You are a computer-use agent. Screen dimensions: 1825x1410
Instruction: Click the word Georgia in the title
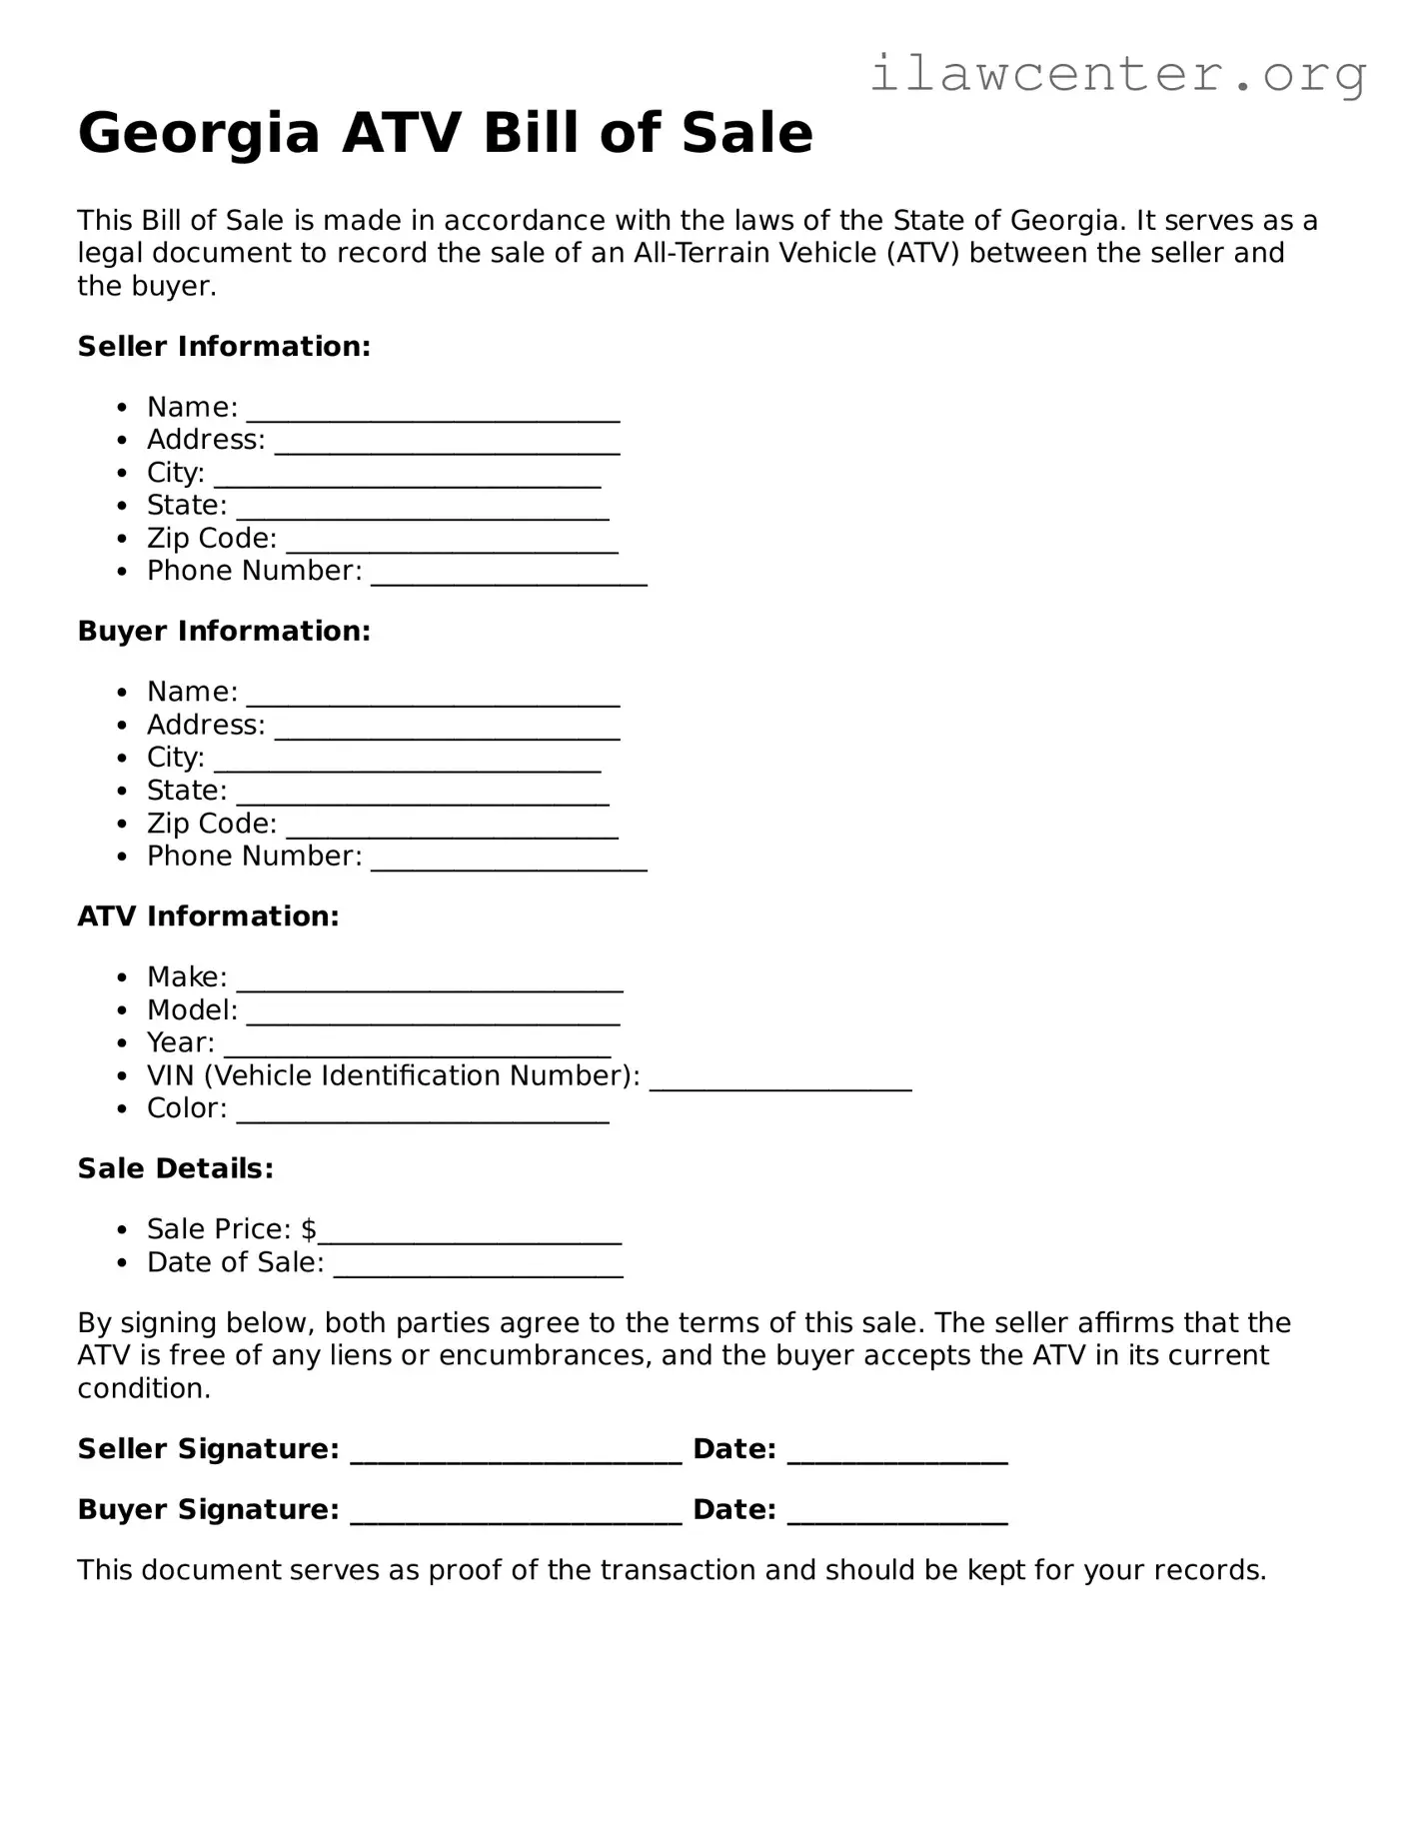[x=198, y=133]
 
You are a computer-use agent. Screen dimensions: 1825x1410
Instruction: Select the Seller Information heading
[x=224, y=347]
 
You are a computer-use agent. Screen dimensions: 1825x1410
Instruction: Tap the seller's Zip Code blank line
[x=452, y=547]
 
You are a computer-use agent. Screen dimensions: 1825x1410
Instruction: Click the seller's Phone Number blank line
[x=509, y=580]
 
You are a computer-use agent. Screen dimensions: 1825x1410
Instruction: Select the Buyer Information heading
[x=224, y=632]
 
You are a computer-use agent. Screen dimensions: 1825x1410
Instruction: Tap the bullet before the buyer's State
[x=122, y=792]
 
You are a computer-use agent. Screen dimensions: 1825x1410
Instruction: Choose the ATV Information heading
[x=208, y=916]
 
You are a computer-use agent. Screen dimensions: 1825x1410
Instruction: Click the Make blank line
[x=430, y=985]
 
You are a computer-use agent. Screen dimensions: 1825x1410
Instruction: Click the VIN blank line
[x=779, y=1084]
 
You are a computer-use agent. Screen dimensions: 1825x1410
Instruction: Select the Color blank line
[x=423, y=1117]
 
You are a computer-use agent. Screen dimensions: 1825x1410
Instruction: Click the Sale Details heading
[x=175, y=1169]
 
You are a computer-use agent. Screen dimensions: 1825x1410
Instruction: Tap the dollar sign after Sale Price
[x=309, y=1229]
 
